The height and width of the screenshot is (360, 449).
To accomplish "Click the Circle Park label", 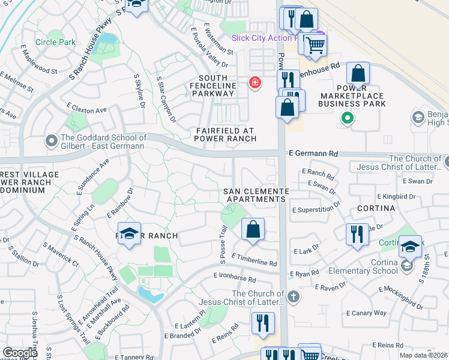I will point(56,42).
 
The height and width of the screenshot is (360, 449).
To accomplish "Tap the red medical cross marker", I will point(255,82).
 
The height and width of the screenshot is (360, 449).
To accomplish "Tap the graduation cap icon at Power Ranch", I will point(128,233).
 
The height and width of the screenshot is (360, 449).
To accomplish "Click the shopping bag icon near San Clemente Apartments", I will point(253,229).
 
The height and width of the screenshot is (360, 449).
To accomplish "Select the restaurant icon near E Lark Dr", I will point(357,233).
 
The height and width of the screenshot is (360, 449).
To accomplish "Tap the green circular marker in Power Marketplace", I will point(346,118).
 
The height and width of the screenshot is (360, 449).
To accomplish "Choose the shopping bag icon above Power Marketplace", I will point(358,74).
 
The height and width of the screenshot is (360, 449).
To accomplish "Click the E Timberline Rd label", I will point(255,263).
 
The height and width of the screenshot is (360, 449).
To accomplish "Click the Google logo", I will point(20,353).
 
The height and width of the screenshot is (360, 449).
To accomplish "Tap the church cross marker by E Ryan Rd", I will point(293,296).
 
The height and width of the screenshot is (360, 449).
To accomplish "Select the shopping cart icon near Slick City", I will point(315,44).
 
